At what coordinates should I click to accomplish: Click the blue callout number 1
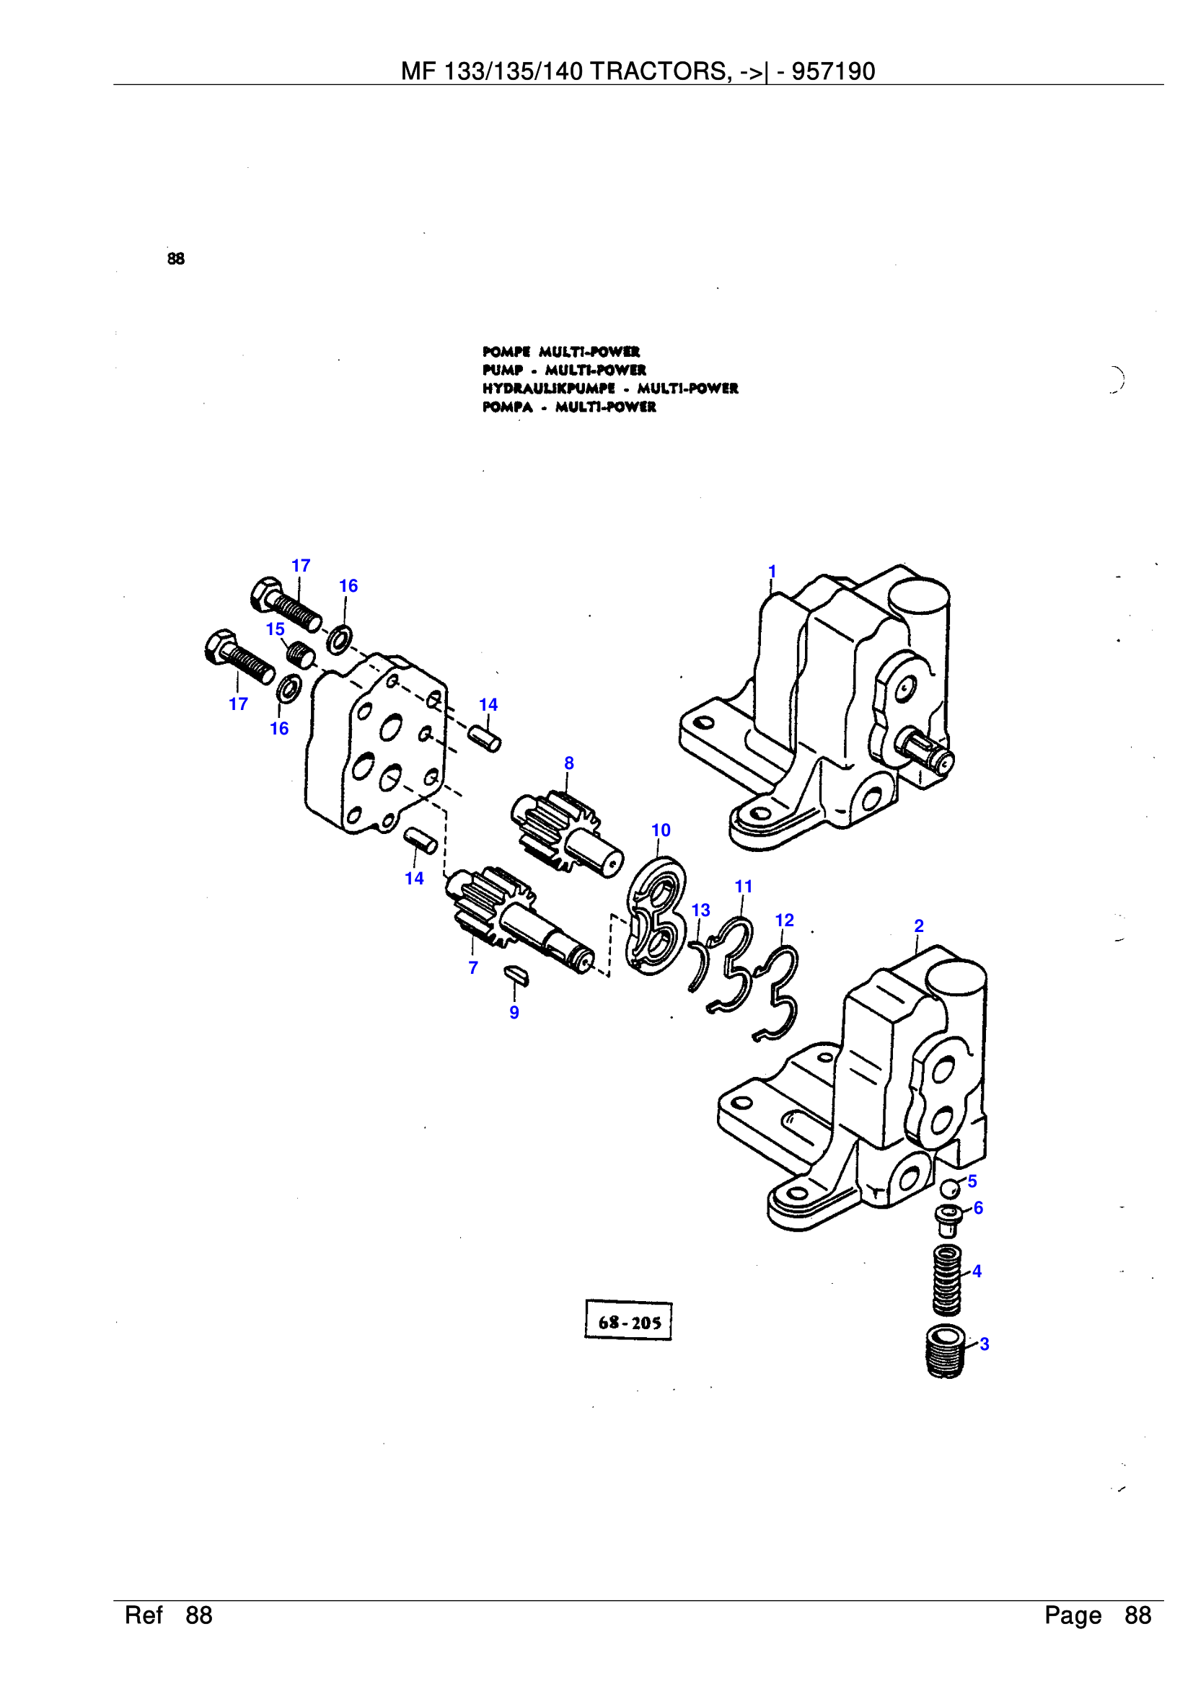pyautogui.click(x=772, y=571)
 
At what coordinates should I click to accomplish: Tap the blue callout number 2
pyautogui.click(x=918, y=926)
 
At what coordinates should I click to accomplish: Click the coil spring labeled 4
pyautogui.click(x=946, y=1280)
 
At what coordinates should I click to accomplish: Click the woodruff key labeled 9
pyautogui.click(x=516, y=976)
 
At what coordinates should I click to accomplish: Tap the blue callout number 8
pyautogui.click(x=568, y=763)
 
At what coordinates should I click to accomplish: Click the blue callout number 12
pyautogui.click(x=784, y=920)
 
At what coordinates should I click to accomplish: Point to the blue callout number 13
pyautogui.click(x=700, y=910)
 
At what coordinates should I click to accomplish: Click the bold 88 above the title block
pyautogui.click(x=175, y=259)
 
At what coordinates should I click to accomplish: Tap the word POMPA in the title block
pyautogui.click(x=507, y=407)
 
